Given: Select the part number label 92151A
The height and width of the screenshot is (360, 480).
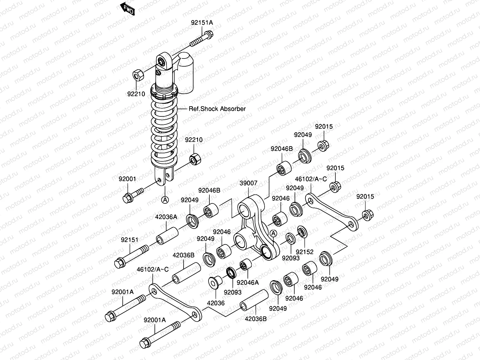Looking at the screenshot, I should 202,22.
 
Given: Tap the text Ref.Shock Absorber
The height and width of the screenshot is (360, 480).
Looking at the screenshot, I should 217,109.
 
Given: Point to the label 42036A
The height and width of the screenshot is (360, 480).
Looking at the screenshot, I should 166,217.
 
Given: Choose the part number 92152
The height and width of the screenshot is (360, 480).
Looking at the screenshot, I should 304,252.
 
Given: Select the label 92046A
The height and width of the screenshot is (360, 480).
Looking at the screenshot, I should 247,282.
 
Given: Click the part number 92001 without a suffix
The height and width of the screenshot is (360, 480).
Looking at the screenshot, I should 127,179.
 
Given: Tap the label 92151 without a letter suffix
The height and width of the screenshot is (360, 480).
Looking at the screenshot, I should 130,240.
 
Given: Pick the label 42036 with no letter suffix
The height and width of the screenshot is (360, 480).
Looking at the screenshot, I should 216,303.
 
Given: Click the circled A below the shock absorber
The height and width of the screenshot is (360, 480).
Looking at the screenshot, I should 165,199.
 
